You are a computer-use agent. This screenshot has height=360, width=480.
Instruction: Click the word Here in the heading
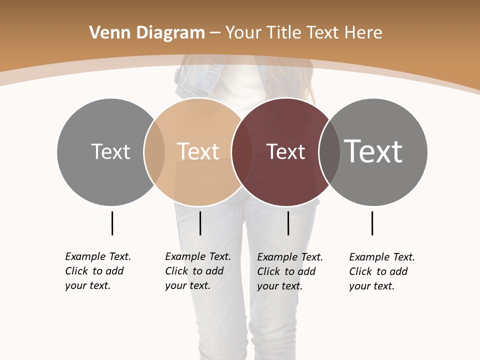363,33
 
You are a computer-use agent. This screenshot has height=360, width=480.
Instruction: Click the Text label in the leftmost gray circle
110,151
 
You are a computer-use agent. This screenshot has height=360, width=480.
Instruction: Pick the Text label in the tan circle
198,151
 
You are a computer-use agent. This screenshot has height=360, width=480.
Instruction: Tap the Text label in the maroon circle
285,152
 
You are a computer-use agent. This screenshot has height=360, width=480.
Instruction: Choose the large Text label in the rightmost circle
373,151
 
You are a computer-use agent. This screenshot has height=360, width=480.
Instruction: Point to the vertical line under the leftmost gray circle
112,223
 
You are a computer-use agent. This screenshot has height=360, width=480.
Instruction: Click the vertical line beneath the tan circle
200,223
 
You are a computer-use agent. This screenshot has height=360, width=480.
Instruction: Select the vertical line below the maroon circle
288,223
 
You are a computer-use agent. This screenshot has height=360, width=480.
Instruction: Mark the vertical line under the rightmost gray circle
372,223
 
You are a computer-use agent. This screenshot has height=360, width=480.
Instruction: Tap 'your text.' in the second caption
187,285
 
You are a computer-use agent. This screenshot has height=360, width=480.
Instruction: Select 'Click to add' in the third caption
286,271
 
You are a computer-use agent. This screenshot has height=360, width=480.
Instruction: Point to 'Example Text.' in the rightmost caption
382,257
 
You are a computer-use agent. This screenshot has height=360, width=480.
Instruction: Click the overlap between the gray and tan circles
154,152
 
